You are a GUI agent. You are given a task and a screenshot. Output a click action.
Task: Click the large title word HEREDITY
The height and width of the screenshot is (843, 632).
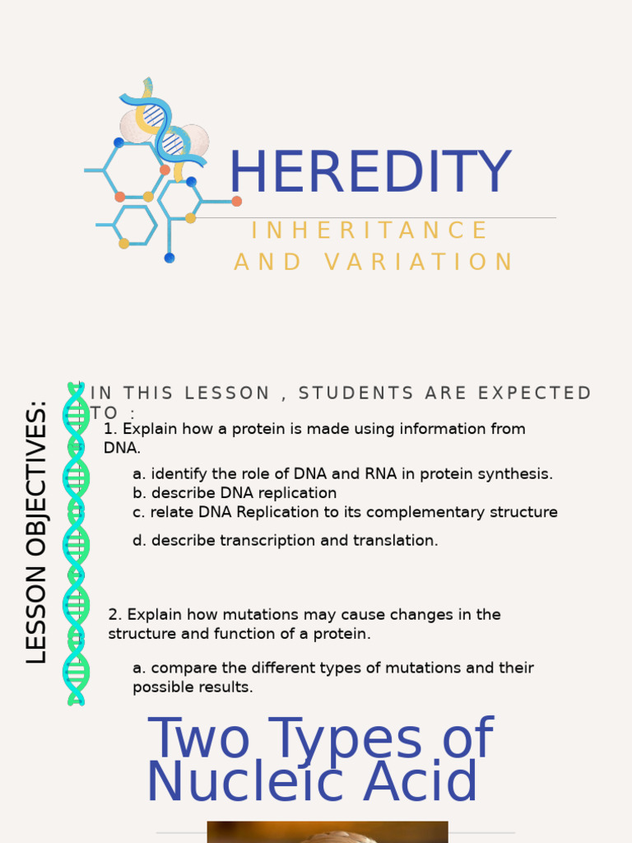pyautogui.click(x=369, y=173)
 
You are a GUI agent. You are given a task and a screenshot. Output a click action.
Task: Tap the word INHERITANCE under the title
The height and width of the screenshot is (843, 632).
pyautogui.click(x=369, y=231)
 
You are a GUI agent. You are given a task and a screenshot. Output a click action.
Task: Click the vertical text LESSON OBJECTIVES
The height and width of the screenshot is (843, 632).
pyautogui.click(x=37, y=532)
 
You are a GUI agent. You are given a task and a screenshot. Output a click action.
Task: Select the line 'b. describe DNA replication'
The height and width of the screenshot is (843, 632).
pyautogui.click(x=235, y=493)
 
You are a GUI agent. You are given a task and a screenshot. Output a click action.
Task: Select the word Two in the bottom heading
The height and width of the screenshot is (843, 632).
pyautogui.click(x=197, y=738)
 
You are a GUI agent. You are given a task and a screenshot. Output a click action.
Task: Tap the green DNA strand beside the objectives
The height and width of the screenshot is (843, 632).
pyautogui.click(x=76, y=543)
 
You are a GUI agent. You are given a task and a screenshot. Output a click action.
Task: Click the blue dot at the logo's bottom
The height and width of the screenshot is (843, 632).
pyautogui.click(x=170, y=258)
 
